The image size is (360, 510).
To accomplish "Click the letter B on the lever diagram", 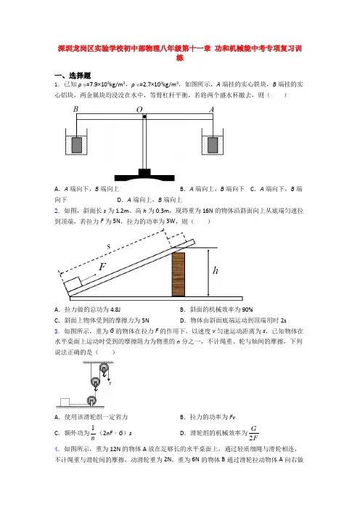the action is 75,109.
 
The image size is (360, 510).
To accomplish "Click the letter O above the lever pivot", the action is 139,110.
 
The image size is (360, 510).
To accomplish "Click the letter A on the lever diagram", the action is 211,110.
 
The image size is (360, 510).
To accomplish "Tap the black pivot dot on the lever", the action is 144,116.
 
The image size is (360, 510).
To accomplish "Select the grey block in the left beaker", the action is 77,145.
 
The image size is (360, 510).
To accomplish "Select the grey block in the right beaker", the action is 213,145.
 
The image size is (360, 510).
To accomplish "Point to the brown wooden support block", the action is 178,274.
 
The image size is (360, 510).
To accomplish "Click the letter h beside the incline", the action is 215,270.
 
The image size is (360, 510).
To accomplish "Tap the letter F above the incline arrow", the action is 102,267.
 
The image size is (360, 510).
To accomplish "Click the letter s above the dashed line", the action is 109,247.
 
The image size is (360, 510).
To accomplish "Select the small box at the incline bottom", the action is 73,283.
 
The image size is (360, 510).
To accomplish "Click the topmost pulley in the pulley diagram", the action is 104,369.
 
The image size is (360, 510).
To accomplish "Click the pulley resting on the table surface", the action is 91,400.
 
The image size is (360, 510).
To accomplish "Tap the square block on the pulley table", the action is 65,402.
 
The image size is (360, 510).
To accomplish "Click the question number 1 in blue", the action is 57,84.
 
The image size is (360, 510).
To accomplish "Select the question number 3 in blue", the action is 57,331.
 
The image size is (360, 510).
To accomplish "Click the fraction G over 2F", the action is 254,433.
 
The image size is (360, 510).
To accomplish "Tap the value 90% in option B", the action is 247,309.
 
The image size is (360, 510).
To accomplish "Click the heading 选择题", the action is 80,76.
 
